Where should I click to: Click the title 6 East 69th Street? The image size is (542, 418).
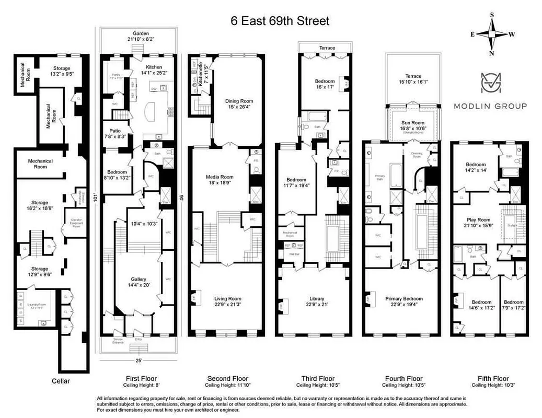[280, 21]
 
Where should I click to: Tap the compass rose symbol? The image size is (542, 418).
[492, 34]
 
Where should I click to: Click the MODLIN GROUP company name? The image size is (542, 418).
[490, 106]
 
